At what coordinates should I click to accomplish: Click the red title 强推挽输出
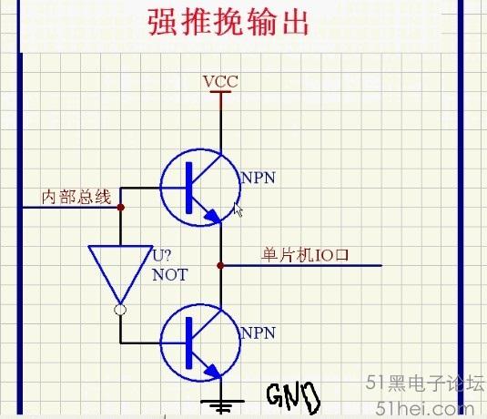click(228, 22)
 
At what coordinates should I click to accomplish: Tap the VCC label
click(220, 82)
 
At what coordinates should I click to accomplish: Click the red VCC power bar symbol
click(220, 92)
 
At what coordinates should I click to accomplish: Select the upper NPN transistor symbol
click(200, 188)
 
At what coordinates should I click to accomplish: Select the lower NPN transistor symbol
click(200, 342)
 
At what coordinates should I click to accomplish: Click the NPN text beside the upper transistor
click(259, 178)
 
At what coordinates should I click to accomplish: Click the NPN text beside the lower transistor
click(259, 332)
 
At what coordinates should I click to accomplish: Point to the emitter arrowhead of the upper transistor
click(213, 216)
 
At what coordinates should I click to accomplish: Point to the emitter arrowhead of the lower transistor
click(213, 372)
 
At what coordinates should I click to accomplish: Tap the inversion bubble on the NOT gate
click(120, 310)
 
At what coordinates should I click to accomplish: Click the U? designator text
click(161, 256)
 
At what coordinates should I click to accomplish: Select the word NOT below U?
click(170, 275)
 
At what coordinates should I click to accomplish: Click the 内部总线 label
click(76, 197)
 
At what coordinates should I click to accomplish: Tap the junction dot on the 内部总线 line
click(121, 208)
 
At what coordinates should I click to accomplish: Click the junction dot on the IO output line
click(220, 265)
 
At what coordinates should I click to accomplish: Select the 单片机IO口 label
click(305, 255)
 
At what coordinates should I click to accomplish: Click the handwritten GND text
click(293, 395)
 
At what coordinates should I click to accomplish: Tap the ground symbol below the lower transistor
click(221, 405)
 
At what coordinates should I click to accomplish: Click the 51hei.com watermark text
click(424, 407)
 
